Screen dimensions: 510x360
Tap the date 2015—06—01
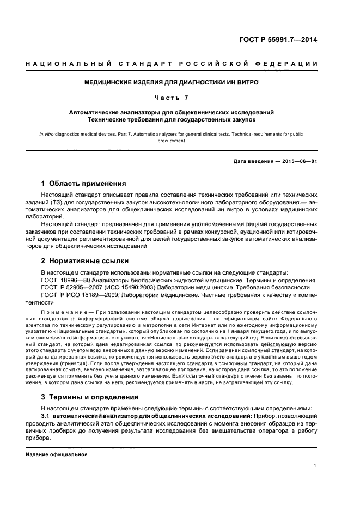300,161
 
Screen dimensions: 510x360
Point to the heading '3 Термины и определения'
90,397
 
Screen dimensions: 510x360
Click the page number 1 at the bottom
315,466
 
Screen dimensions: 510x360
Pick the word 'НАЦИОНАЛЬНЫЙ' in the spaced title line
59,64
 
